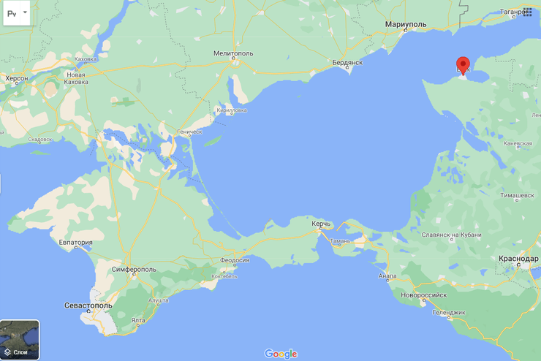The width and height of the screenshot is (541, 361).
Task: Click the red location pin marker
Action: click(463, 64)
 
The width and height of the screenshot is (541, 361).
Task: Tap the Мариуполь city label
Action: click(405, 25)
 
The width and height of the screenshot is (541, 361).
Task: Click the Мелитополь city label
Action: click(233, 53)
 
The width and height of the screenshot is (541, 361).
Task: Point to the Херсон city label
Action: click(17, 77)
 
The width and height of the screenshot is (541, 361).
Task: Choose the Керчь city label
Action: click(322, 223)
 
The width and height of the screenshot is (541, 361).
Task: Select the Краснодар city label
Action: click(518, 259)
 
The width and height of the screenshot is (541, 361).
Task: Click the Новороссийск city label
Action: click(422, 294)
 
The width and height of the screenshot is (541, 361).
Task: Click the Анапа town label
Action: click(387, 276)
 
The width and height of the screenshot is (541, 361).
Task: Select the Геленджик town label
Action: click(448, 312)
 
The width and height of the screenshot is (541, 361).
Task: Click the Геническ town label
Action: click(189, 132)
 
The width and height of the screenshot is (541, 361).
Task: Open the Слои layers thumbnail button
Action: click(20, 340)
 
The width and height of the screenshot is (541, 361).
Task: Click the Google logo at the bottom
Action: click(281, 354)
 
